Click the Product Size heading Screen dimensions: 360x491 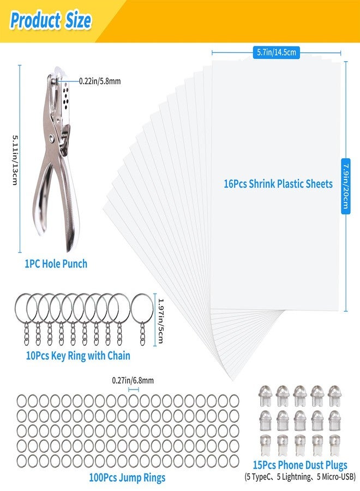pos(51,21)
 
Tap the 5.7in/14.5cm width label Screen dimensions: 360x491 pos(277,52)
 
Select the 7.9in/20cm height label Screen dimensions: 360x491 pos(345,186)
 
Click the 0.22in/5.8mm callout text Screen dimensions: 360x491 pos(100,81)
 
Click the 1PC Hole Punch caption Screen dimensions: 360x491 pos(56,264)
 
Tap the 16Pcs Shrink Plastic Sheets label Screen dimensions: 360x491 pos(278,184)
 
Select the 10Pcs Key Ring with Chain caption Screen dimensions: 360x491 pos(78,356)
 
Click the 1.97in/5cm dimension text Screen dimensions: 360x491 pos(160,321)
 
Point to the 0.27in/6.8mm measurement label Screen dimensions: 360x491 pos(133,380)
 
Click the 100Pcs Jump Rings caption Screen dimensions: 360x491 pos(127,477)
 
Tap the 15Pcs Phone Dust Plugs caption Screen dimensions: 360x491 pos(300,465)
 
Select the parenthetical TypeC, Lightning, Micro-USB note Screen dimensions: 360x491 pos(300,477)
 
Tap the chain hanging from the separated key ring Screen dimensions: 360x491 pos(143,334)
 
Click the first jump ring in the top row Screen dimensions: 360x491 pos(22,401)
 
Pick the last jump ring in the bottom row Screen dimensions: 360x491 pos(234,460)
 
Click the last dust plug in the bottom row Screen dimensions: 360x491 pos(334,445)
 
